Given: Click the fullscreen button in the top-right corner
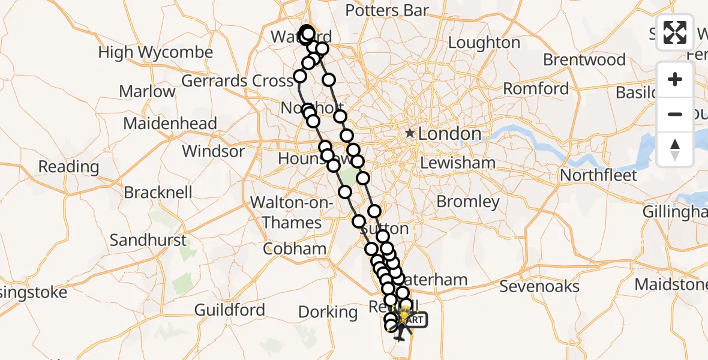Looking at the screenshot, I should [675, 32].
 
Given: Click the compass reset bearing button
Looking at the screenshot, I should [675, 149].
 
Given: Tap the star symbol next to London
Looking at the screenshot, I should [410, 133].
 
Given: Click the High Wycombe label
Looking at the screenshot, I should [155, 53].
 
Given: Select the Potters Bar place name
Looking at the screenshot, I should [387, 10].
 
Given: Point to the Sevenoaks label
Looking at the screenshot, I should [539, 286].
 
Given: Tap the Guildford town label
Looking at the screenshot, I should [230, 310].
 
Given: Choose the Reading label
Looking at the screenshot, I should [68, 166].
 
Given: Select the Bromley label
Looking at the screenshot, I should [468, 202].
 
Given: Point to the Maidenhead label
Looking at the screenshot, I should [170, 124].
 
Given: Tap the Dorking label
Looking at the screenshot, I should [328, 312].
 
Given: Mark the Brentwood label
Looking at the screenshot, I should [584, 60].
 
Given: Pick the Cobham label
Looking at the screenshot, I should [294, 248].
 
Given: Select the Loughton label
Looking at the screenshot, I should [484, 43].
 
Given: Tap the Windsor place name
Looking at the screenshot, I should [214, 151].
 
